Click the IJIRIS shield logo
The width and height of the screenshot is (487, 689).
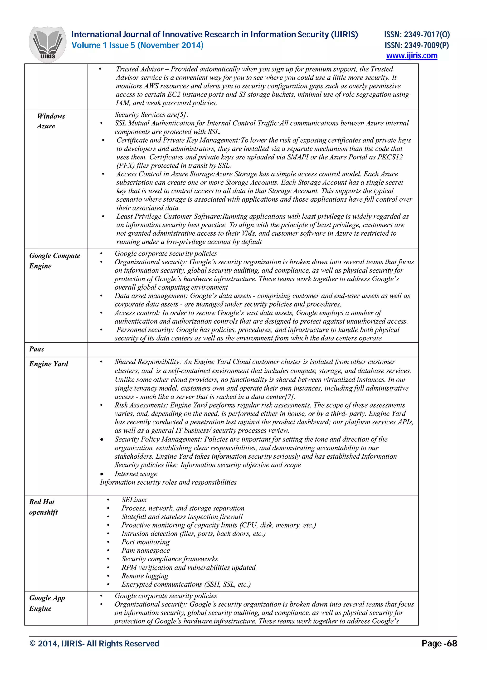point(47,44)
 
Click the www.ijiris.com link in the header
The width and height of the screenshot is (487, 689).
point(411,56)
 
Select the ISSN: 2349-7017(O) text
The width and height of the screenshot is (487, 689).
point(417,35)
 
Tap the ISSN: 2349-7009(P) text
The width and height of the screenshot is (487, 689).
point(417,45)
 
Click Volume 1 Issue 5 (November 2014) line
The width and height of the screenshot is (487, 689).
point(137,45)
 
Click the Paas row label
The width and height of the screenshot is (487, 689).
point(37,349)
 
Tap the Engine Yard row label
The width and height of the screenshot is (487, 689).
point(49,364)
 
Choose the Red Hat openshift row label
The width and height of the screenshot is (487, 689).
point(43,507)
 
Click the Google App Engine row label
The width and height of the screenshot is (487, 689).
point(47,603)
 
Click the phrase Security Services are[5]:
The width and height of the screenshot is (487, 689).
point(151,115)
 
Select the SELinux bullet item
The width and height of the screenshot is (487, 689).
point(134,500)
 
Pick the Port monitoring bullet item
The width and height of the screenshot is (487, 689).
point(145,542)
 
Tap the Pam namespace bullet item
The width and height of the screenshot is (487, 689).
point(146,550)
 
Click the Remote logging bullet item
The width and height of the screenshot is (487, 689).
point(145,576)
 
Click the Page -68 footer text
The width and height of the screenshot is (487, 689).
point(439,643)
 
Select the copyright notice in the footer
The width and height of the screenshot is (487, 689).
point(94,644)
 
